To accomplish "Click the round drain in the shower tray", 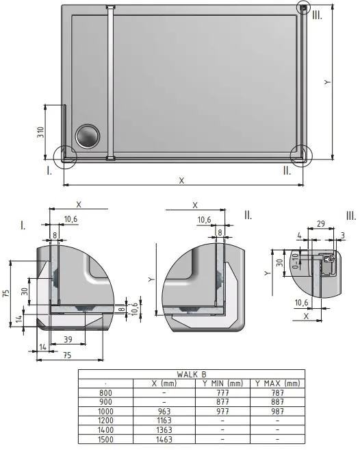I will click(88, 136).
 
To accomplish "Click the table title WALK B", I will click(191, 374).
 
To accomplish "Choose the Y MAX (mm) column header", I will click(277, 383).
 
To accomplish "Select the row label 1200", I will click(106, 421).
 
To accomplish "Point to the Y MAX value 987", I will click(277, 412).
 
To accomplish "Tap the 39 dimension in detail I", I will click(68, 340).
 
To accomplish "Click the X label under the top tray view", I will click(181, 180).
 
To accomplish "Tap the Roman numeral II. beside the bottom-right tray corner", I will click(287, 171).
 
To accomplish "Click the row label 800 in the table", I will click(106, 392).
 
